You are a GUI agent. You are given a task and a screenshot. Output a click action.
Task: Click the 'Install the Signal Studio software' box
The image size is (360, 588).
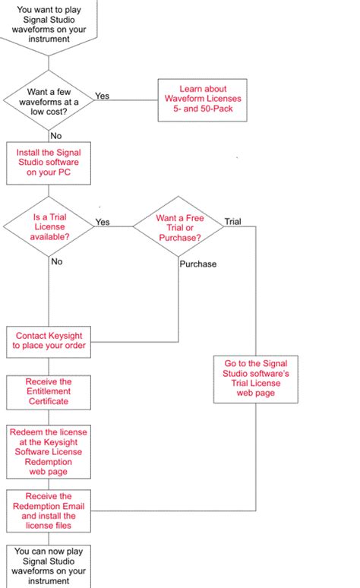[48, 162]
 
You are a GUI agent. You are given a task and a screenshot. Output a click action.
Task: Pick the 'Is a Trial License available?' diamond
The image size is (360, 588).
[48, 226]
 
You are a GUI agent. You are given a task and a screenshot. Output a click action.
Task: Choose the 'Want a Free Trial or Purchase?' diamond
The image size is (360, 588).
[178, 227]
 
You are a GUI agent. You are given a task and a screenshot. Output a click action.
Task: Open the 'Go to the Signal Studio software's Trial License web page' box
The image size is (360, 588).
[255, 378]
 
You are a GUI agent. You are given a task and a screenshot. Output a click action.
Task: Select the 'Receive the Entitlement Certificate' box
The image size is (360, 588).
[48, 391]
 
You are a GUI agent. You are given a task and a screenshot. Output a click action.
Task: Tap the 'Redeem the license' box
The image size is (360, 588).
[48, 451]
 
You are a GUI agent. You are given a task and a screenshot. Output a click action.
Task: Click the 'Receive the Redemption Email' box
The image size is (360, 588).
[48, 511]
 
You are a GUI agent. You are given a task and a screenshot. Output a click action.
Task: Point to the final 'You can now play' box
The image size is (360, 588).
[48, 565]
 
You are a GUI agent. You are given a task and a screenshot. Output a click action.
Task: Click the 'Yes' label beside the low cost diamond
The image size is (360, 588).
[102, 96]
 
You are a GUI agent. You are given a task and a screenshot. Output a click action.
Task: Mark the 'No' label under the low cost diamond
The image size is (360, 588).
[55, 135]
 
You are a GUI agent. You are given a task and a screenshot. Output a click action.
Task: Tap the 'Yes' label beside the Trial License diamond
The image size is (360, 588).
[102, 223]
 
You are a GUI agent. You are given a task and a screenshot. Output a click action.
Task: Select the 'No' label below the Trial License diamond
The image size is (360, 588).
[56, 261]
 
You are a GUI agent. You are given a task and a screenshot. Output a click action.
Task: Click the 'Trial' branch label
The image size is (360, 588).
[232, 222]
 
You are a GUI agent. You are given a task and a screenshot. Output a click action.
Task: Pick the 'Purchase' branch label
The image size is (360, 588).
[198, 264]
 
